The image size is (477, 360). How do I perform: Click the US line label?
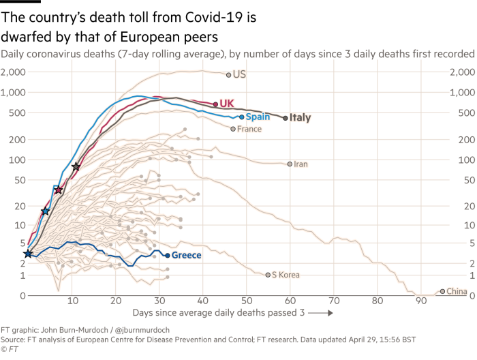[238, 74]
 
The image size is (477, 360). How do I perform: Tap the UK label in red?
[227, 103]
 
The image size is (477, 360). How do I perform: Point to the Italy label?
[301, 118]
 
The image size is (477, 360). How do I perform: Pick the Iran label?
[301, 164]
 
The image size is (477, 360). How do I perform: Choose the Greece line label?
[186, 255]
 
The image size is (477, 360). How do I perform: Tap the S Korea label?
[286, 275]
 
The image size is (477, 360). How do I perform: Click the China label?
[457, 291]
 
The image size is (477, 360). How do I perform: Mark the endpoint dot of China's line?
[442, 291]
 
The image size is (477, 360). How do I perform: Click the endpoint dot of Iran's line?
[290, 164]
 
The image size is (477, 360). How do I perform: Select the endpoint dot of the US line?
[229, 74]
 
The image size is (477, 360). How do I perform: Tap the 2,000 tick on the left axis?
[15, 72]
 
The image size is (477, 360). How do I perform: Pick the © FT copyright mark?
[8, 348]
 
